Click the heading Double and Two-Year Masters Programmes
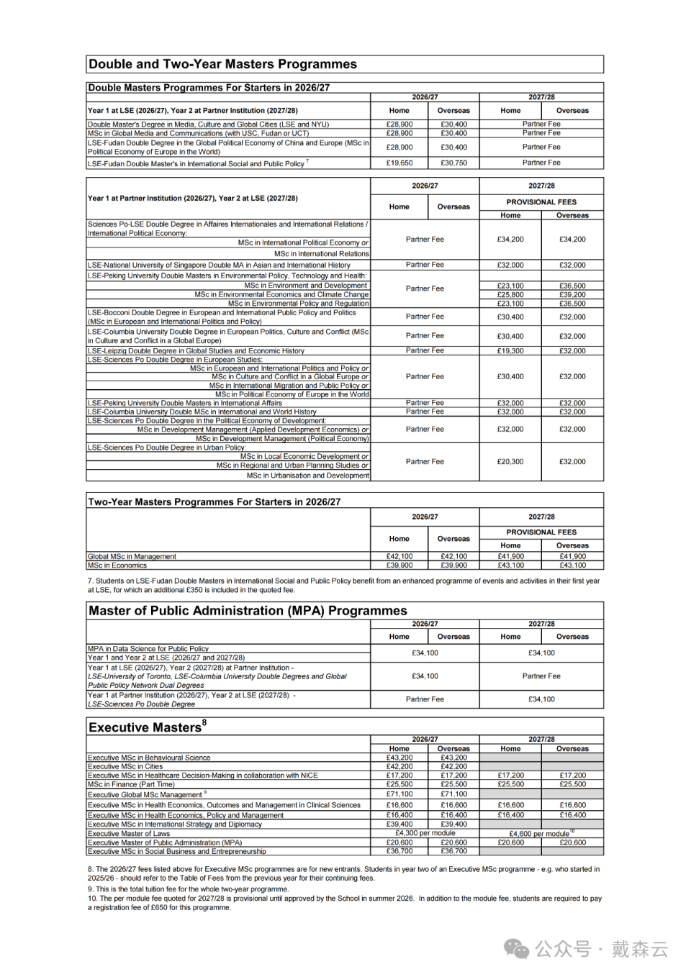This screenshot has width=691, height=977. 222,64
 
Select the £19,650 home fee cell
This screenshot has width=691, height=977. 399,163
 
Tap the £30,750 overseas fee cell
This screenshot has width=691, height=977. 453,163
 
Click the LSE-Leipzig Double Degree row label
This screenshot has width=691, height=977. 196,351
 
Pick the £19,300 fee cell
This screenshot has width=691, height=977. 510,351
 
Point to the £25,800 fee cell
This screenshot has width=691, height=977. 510,295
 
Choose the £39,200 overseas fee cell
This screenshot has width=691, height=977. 572,295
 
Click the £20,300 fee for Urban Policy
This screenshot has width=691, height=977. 510,462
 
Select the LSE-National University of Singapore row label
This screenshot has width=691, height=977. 219,265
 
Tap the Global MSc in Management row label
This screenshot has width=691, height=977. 132,556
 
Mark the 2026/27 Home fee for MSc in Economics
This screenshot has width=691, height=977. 399,565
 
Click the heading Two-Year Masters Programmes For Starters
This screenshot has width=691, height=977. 214,502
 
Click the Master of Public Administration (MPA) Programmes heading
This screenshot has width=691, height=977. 248,611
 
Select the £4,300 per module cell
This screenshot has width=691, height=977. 425,833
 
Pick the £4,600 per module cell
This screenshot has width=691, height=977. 541,834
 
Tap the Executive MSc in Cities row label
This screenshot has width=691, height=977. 125,766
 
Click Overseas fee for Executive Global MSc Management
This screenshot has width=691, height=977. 453,794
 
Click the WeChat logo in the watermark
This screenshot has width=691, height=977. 517,949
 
